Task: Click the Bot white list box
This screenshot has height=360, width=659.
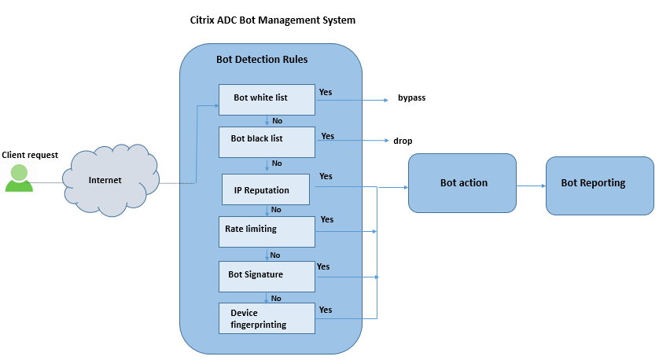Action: [267, 98]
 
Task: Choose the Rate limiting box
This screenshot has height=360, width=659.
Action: [267, 232]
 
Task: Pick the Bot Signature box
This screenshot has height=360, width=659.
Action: [267, 275]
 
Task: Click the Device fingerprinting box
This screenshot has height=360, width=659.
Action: [267, 318]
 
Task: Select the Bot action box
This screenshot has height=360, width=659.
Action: [462, 183]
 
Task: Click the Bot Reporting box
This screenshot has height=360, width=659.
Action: [599, 184]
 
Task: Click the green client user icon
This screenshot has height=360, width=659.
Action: [19, 178]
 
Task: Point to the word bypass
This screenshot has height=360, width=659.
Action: [411, 98]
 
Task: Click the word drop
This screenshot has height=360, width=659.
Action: [403, 141]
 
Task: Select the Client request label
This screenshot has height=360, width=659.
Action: [30, 155]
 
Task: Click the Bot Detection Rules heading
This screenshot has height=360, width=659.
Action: [262, 60]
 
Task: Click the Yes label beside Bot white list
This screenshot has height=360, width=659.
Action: [325, 92]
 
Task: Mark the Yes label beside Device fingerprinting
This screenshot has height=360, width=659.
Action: [326, 310]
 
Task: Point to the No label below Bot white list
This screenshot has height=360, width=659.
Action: [277, 120]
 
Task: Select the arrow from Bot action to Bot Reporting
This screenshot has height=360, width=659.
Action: [531, 186]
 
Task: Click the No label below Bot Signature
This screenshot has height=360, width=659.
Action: [277, 298]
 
